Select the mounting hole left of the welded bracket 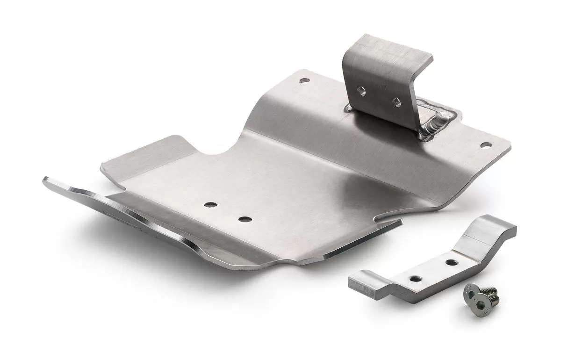304,80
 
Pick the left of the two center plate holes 210,205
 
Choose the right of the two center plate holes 244,219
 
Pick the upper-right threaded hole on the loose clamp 451,262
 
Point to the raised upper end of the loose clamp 491,229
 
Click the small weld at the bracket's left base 348,108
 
